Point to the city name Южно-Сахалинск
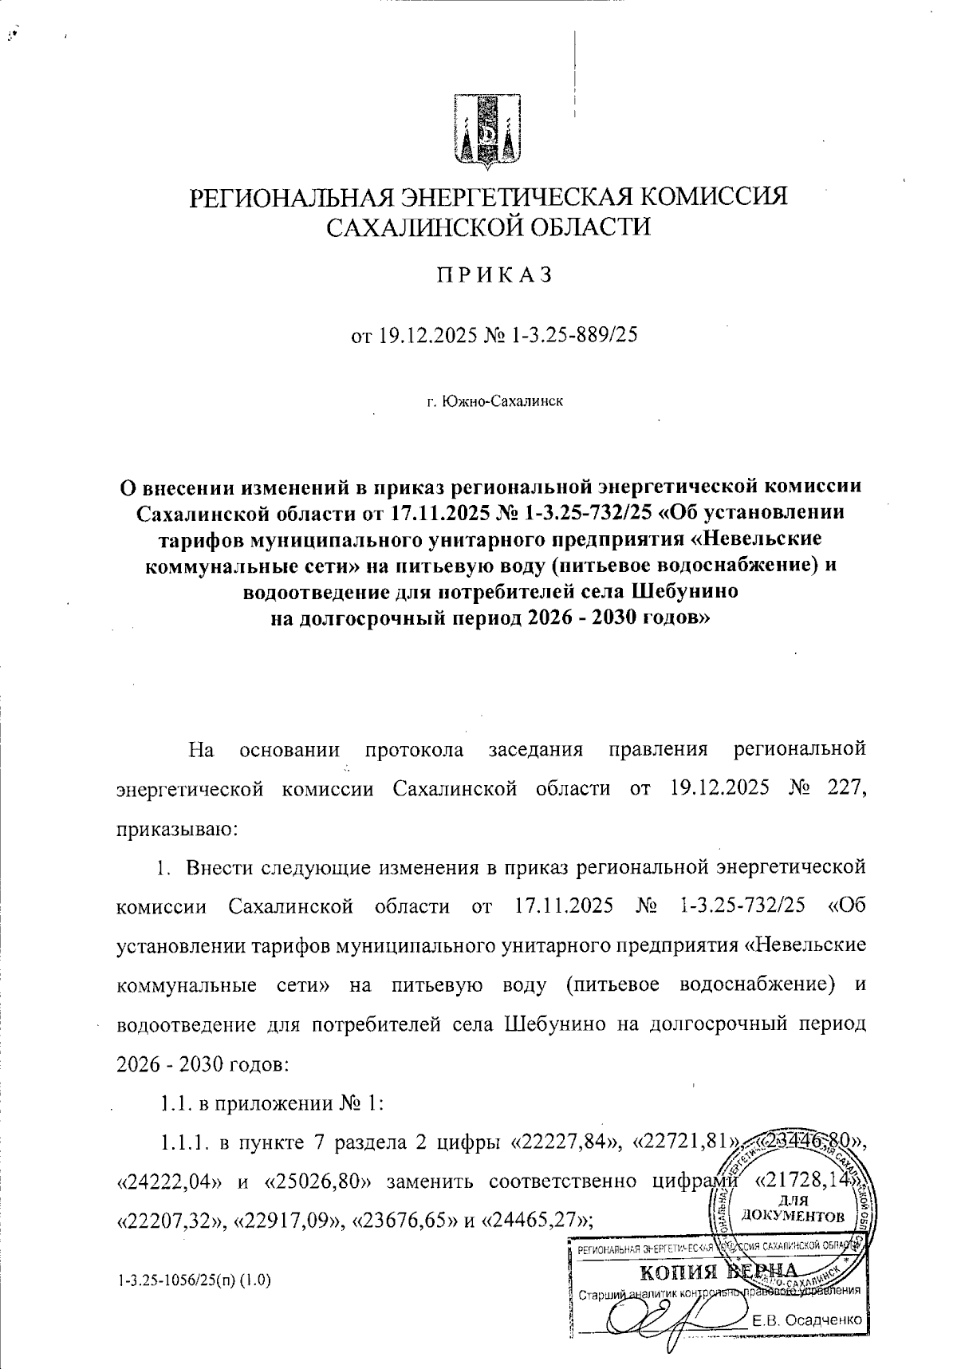pos(504,401)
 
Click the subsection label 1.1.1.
pos(182,1144)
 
